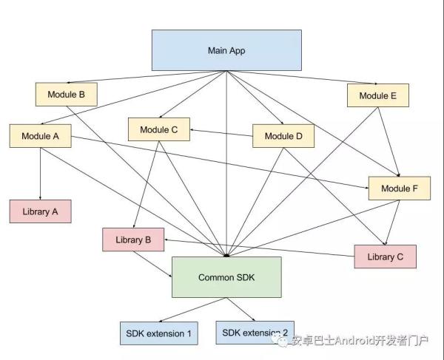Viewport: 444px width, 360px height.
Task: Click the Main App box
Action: click(x=226, y=50)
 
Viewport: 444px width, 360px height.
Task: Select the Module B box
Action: click(x=67, y=95)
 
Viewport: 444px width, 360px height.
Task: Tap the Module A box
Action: click(x=40, y=136)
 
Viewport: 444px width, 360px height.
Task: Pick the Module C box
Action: click(x=159, y=129)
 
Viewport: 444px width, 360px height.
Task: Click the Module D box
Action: click(x=283, y=136)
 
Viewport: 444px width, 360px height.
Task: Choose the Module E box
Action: click(x=377, y=95)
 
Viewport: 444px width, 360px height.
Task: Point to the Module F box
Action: click(x=400, y=189)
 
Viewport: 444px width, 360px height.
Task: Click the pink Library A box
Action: click(x=40, y=211)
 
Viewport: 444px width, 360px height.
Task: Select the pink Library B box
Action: click(x=133, y=240)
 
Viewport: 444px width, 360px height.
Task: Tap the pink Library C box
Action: click(x=385, y=257)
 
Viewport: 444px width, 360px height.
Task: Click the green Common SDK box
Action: click(x=226, y=277)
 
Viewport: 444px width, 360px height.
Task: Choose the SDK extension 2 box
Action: click(x=255, y=332)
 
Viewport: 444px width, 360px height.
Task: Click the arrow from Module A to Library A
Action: click(x=40, y=174)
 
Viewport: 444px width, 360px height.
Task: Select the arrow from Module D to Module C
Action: click(x=222, y=132)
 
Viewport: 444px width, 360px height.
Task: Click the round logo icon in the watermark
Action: click(x=282, y=341)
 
